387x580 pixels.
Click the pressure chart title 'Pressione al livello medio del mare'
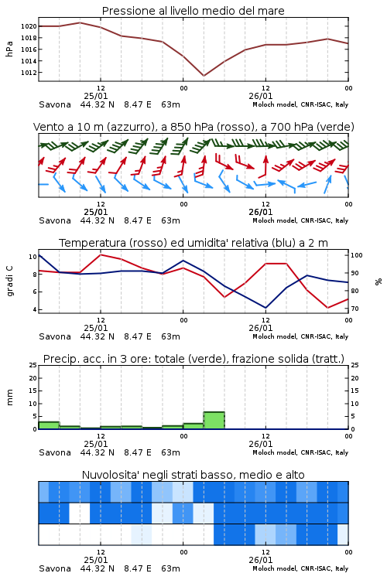click(193, 11)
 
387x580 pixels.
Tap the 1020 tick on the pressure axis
click(29, 26)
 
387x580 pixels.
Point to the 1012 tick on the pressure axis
click(29, 73)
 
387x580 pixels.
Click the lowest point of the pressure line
click(204, 76)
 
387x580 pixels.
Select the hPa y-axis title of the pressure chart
click(9, 49)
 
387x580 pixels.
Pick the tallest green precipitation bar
click(214, 421)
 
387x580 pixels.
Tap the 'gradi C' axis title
click(10, 281)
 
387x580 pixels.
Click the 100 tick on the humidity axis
click(357, 255)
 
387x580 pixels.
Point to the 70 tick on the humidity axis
click(354, 309)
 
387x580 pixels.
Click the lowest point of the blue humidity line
click(265, 308)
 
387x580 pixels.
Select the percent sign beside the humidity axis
click(378, 281)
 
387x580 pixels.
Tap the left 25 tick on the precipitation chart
click(33, 365)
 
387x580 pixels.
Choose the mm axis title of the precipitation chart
click(9, 397)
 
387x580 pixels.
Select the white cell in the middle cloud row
click(80, 513)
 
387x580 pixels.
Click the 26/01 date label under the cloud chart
click(260, 560)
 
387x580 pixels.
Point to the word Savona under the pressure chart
click(55, 104)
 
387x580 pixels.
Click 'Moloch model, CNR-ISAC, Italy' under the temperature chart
click(300, 336)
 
